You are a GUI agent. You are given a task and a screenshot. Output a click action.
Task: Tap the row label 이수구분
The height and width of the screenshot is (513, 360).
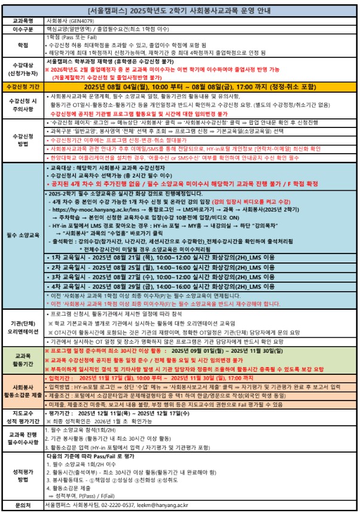click(23, 28)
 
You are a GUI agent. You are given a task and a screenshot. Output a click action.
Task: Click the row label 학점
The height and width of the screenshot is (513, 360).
click(23, 45)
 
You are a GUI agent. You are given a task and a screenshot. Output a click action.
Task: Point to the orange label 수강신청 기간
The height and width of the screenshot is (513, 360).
click(23, 87)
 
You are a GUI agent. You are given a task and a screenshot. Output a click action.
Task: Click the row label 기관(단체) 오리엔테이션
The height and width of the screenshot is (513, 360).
click(23, 326)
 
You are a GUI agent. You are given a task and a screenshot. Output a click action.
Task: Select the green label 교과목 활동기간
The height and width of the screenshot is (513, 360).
click(23, 359)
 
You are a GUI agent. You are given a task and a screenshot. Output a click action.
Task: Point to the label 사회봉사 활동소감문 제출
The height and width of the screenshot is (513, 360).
click(23, 390)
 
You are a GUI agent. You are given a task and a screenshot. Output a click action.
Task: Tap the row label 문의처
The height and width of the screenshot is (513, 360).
click(23, 505)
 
